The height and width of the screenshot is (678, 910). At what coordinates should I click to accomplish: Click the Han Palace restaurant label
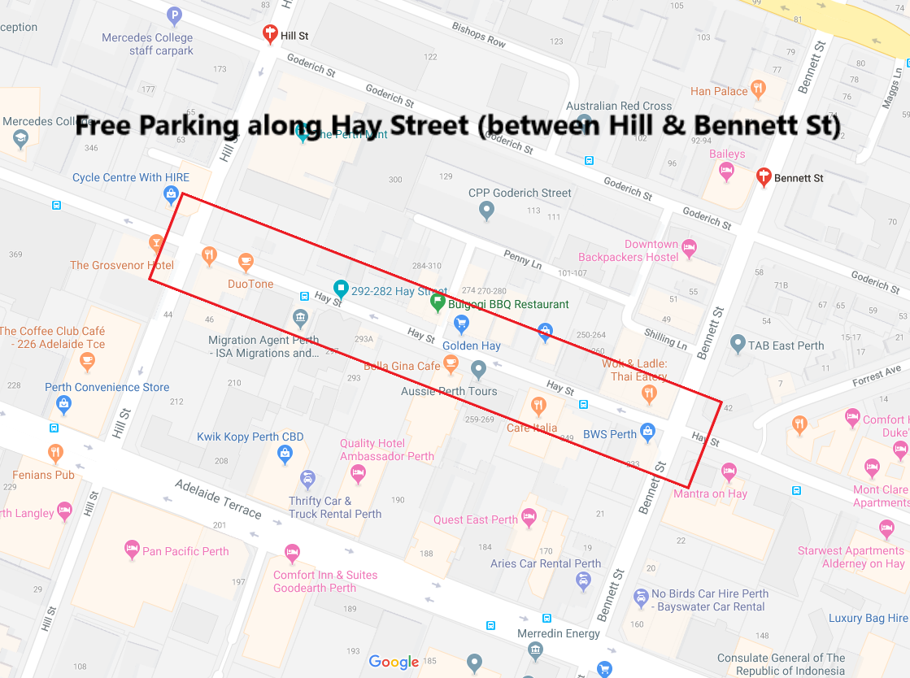coord(719,91)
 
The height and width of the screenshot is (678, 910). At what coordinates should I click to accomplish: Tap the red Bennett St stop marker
coord(764,176)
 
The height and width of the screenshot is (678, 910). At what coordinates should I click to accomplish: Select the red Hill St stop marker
coord(270,34)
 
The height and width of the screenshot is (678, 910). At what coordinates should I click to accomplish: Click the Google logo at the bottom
coord(394,663)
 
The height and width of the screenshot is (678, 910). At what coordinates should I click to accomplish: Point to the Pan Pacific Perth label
coord(185,551)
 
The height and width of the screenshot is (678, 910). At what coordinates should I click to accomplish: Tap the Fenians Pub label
coord(43,475)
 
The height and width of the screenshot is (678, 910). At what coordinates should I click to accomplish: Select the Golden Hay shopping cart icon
coord(461,324)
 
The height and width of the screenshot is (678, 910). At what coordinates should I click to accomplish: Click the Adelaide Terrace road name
coord(218,499)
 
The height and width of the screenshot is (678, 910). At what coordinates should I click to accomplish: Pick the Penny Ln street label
coord(522,259)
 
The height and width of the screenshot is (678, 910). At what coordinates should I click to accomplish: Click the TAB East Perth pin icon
coord(738,343)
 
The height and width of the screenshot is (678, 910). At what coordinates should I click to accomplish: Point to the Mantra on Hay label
coord(710,493)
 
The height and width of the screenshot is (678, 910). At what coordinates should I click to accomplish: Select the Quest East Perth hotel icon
coord(529,516)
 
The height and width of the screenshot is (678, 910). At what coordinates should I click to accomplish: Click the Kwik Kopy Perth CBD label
coord(250,437)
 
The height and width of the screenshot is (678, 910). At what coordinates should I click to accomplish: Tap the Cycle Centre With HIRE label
coord(130,177)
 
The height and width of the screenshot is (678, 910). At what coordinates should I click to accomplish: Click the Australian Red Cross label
coord(619,106)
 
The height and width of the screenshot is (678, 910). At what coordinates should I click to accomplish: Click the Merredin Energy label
coord(559,633)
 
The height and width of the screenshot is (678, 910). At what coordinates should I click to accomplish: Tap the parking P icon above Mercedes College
coord(174,15)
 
